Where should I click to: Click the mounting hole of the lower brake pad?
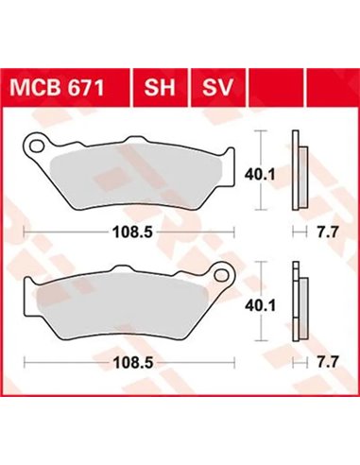(224, 276)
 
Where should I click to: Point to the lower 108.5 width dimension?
(130, 360)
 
